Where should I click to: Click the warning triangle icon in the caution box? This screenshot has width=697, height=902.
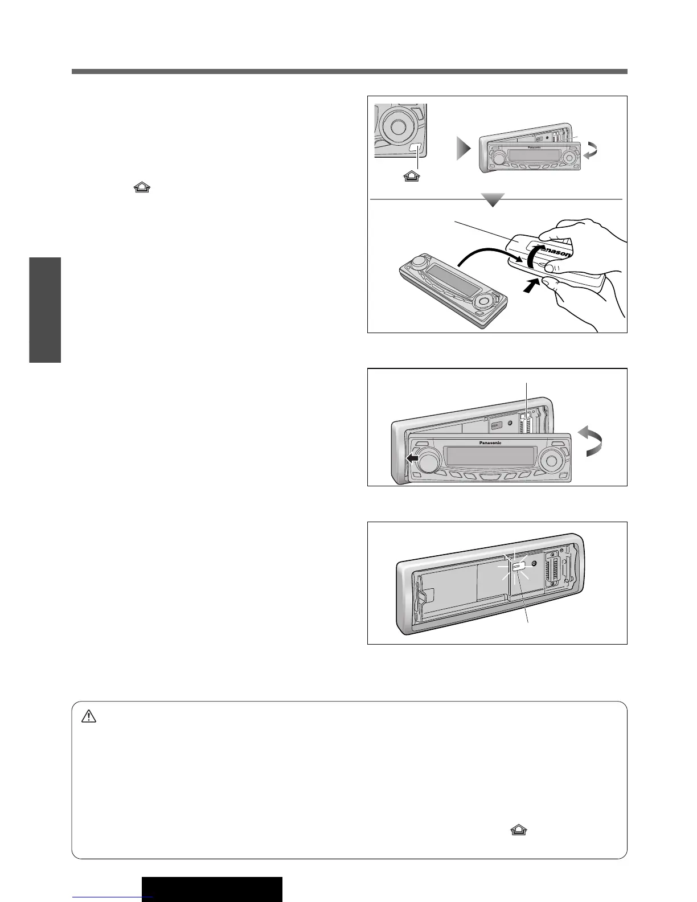tap(89, 717)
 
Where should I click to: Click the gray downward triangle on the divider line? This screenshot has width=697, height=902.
tap(493, 200)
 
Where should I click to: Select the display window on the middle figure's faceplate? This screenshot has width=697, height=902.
tap(490, 456)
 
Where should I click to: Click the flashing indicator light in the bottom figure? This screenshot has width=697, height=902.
tap(519, 567)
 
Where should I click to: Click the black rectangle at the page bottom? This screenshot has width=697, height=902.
tap(212, 889)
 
